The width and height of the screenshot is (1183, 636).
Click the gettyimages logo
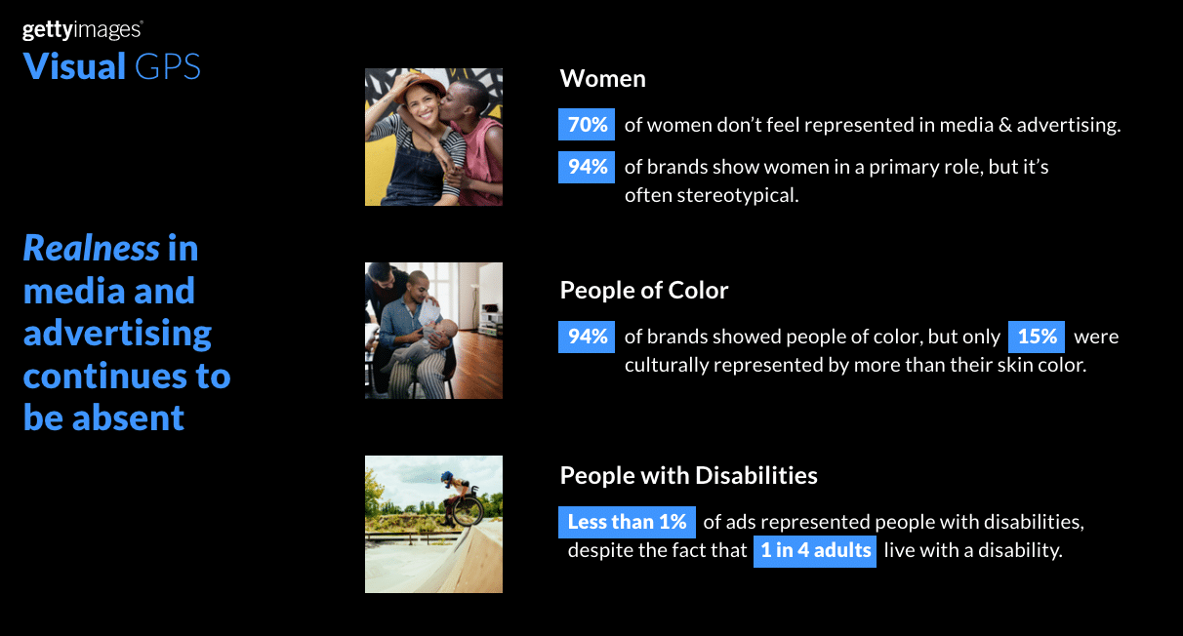point(82,30)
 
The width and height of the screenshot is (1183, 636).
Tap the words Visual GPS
point(111,66)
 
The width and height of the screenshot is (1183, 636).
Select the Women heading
point(602,79)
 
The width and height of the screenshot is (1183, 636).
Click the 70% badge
point(587,125)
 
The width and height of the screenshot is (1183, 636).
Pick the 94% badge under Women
point(587,167)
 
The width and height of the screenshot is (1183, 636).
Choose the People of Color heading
point(644,291)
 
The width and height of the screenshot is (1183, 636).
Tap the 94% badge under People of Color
point(587,337)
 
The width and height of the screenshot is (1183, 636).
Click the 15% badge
point(1037,337)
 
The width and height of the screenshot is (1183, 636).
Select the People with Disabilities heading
point(689,476)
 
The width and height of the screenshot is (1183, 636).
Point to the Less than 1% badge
point(627,522)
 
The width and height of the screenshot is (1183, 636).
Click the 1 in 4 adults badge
point(815,551)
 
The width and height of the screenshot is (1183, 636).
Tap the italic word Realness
point(91,248)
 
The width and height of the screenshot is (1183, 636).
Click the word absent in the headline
point(128,418)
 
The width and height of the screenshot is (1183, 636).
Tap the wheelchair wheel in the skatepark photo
point(468,510)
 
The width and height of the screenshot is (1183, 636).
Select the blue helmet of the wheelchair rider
point(448,477)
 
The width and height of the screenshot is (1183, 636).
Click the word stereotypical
point(737,196)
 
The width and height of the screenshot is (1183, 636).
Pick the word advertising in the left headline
point(117,334)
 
